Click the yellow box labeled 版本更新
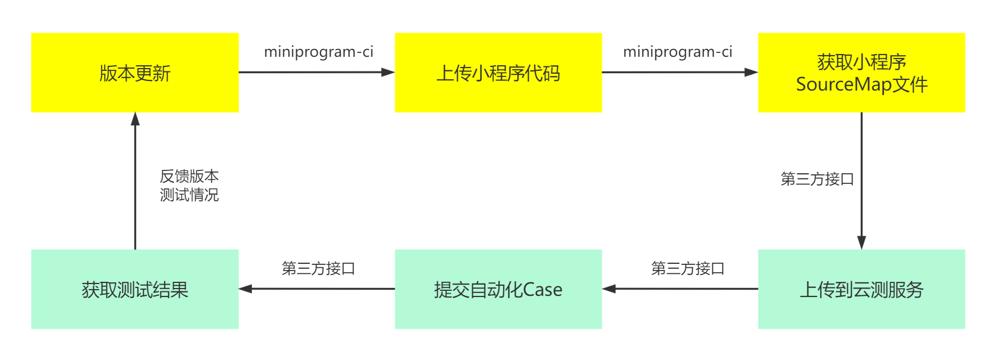(x=135, y=73)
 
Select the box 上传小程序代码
(x=498, y=73)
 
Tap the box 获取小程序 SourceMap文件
(x=861, y=73)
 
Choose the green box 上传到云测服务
(x=861, y=289)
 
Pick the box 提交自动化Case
(x=498, y=289)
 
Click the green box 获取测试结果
(x=135, y=289)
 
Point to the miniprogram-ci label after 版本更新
(x=318, y=52)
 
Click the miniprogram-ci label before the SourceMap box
(x=678, y=52)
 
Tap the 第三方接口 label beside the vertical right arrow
(x=817, y=179)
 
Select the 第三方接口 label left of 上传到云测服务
(x=688, y=268)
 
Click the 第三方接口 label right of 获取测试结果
(x=318, y=268)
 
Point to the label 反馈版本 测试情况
(x=189, y=186)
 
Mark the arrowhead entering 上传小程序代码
(x=389, y=72)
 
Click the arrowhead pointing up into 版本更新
(x=135, y=118)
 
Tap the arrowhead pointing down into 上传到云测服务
(x=861, y=243)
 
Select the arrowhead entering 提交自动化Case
(x=609, y=289)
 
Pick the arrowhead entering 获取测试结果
(x=245, y=289)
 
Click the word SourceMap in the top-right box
(x=843, y=84)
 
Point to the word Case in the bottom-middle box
(x=543, y=290)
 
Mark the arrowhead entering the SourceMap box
(x=752, y=72)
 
